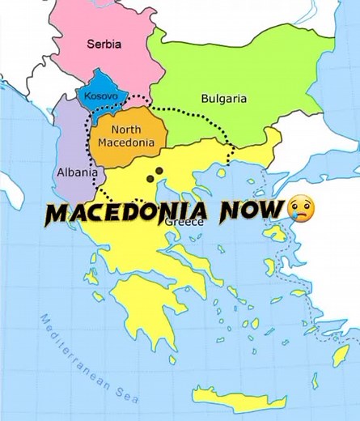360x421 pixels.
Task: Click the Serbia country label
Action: pyautogui.click(x=104, y=45)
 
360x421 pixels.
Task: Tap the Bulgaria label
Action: pyautogui.click(x=223, y=99)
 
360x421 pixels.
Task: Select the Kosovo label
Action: pyautogui.click(x=101, y=96)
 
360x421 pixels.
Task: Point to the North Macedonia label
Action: pyautogui.click(x=126, y=136)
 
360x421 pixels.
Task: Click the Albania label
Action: pyautogui.click(x=77, y=172)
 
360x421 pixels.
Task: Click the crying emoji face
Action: pyautogui.click(x=301, y=210)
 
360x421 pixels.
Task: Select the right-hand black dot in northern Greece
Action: pyautogui.click(x=159, y=171)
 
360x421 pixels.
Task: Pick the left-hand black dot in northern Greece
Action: pyautogui.click(x=150, y=177)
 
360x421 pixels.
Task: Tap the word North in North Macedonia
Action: pyautogui.click(x=126, y=130)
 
